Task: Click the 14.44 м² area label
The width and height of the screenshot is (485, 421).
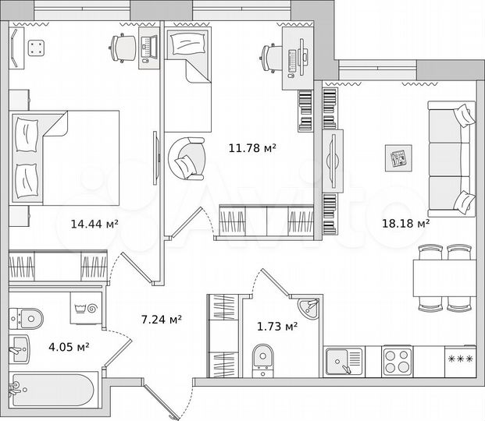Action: tap(94, 224)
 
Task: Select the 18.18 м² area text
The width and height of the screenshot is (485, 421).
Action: tap(405, 223)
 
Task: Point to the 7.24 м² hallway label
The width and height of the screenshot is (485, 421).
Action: tap(161, 319)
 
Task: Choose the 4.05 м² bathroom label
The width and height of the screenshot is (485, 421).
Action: tap(69, 347)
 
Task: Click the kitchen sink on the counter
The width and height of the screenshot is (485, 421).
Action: tap(344, 361)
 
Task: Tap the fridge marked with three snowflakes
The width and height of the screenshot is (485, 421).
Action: tap(458, 361)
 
